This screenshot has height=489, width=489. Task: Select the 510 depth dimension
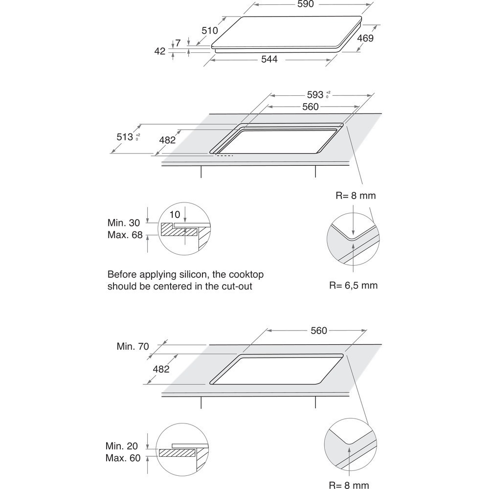(210, 30)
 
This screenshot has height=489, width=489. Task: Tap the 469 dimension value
(365, 38)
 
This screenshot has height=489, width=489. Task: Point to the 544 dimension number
(269, 59)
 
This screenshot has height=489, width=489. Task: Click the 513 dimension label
(125, 137)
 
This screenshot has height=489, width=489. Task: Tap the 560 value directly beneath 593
(310, 107)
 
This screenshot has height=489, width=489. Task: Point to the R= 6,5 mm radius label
(353, 285)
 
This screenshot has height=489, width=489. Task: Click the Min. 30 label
(125, 222)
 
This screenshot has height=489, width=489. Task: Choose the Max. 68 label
(125, 235)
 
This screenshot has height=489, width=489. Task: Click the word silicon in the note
(190, 274)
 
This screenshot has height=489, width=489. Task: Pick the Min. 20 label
(122, 446)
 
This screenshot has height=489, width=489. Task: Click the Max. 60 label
(122, 458)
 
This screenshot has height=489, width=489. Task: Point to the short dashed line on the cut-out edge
(225, 156)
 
